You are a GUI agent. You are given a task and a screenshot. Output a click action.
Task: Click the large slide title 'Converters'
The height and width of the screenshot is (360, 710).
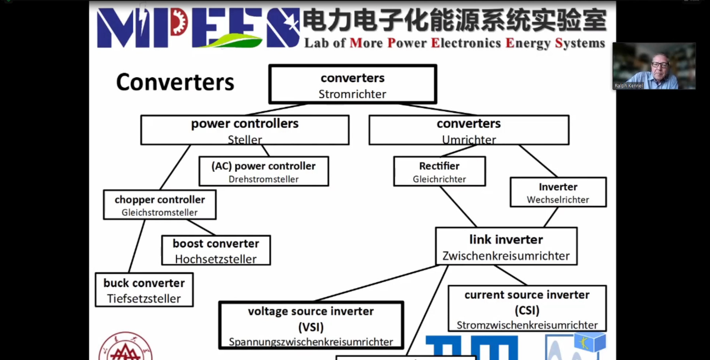coord(175,82)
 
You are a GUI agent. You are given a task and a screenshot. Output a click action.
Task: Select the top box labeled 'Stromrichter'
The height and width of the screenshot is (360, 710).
coord(352,85)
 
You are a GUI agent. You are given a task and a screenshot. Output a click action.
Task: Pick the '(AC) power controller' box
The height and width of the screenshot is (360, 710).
coord(264,172)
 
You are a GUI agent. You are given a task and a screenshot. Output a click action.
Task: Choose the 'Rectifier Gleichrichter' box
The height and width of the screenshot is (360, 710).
coord(439,172)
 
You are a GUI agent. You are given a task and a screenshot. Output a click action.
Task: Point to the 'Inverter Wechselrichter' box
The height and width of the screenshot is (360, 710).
coord(558,192)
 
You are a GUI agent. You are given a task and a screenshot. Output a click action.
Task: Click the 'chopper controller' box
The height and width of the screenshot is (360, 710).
coord(160,205)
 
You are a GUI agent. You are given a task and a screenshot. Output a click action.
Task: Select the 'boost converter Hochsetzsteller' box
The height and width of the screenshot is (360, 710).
coord(216,251)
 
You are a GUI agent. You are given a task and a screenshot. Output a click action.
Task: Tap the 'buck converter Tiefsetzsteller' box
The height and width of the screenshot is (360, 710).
coord(144,290)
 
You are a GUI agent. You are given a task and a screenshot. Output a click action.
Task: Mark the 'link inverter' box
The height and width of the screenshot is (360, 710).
coord(506,247)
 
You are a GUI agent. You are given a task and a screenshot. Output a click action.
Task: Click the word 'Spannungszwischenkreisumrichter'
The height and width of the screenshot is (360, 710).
coord(311,342)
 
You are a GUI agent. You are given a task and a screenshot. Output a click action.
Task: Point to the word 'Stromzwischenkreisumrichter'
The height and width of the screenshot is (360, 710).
coord(527,325)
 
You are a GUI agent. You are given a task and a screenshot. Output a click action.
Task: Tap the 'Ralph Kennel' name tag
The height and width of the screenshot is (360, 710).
coord(629,86)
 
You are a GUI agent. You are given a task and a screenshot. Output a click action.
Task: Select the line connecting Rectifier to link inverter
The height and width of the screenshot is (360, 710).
coord(459,207)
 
